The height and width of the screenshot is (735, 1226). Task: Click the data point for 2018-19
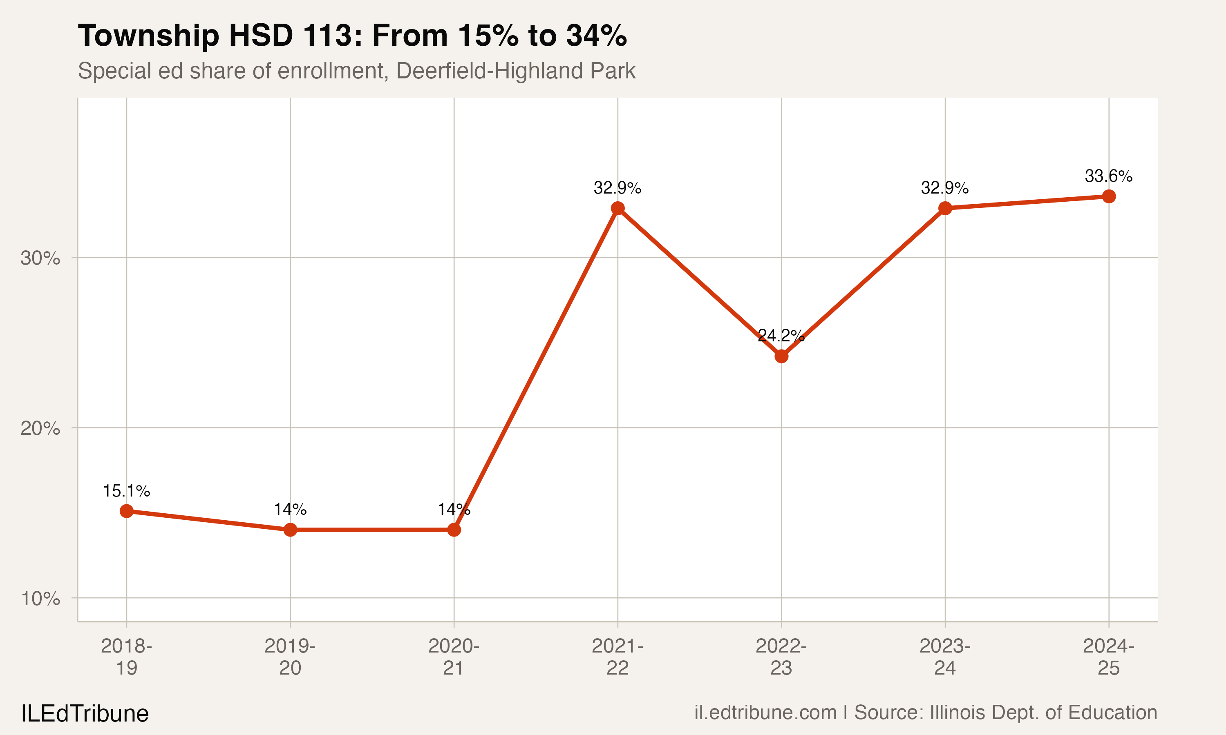point(126,511)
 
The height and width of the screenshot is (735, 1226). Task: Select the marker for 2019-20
point(291,530)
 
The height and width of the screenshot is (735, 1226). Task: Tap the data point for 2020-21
point(454,530)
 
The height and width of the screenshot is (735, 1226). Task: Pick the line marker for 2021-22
point(617,209)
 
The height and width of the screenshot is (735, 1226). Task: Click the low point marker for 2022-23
point(781,356)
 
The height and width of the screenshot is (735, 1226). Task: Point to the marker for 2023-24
point(945,209)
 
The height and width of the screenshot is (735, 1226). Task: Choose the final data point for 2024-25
point(1109,197)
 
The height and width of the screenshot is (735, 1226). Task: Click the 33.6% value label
point(1109,176)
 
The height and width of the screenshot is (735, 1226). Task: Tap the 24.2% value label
point(781,336)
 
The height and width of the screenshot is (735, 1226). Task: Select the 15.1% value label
point(126,491)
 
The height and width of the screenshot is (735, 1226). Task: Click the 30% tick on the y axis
point(40,258)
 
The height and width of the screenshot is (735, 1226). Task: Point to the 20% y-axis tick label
point(40,428)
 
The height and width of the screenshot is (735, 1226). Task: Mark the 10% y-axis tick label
point(40,599)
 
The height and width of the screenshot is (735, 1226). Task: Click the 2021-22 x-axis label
point(617,657)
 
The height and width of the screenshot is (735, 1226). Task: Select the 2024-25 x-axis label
point(1109,657)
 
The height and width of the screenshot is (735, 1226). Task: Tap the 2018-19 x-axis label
point(126,657)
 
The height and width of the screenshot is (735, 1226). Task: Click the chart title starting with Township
point(352,36)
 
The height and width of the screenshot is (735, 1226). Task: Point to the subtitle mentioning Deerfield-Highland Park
point(356,71)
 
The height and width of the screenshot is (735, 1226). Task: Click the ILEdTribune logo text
point(85,714)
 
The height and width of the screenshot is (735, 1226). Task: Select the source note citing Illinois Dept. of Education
point(926,713)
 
